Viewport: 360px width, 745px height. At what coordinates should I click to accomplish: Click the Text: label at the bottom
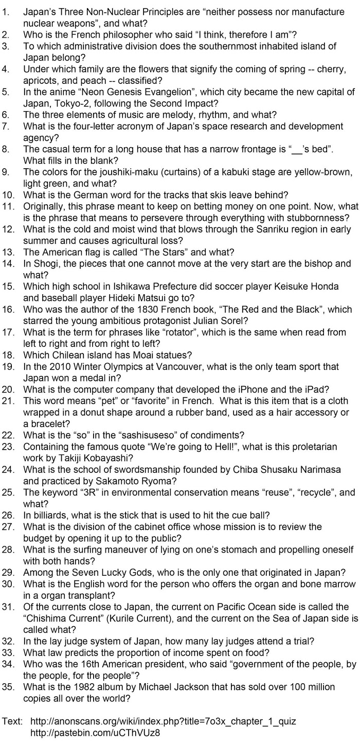pyautogui.click(x=12, y=721)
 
